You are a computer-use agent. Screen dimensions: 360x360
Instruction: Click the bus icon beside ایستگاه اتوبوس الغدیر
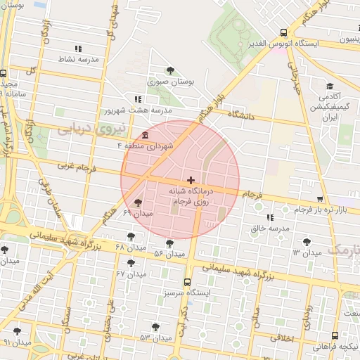pyautogui.click(x=283, y=32)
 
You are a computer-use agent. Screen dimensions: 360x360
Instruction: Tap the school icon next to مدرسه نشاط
pyautogui.click(x=78, y=49)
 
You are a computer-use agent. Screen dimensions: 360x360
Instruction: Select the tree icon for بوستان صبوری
pyautogui.click(x=171, y=70)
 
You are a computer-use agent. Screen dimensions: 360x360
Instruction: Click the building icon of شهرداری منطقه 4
pyautogui.click(x=145, y=135)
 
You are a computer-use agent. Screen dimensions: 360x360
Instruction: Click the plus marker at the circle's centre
pyautogui.click(x=191, y=180)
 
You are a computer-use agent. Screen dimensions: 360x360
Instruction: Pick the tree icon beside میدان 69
pyautogui.click(x=146, y=202)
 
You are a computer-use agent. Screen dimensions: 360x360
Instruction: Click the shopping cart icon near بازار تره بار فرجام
pyautogui.click(x=321, y=200)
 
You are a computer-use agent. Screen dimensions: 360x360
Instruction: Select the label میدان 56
pyautogui.click(x=169, y=252)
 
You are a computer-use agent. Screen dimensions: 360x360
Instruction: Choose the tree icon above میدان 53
pyautogui.click(x=155, y=327)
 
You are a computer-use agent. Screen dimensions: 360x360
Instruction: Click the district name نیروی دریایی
pyautogui.click(x=90, y=129)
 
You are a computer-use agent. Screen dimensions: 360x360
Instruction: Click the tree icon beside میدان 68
pyautogui.click(x=130, y=236)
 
